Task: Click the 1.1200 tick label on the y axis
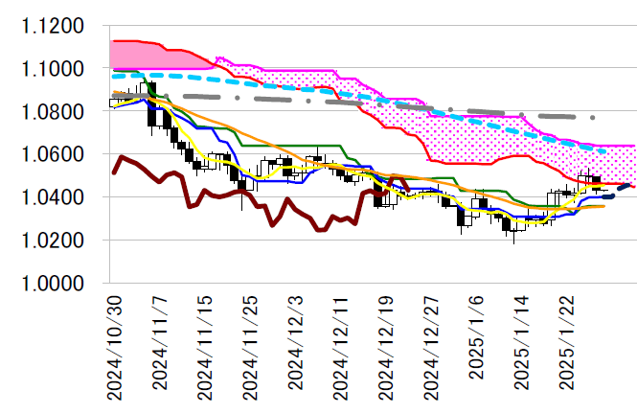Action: pyautogui.click(x=54, y=26)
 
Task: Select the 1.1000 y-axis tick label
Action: pyautogui.click(x=54, y=69)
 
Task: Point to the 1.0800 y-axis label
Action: pyautogui.click(x=54, y=112)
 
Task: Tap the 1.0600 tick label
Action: pyautogui.click(x=54, y=154)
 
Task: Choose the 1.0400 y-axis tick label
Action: pyautogui.click(x=54, y=197)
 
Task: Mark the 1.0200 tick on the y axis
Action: pyautogui.click(x=54, y=241)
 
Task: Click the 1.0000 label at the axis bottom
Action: pyautogui.click(x=54, y=284)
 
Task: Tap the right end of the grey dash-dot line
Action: pyautogui.click(x=595, y=117)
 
